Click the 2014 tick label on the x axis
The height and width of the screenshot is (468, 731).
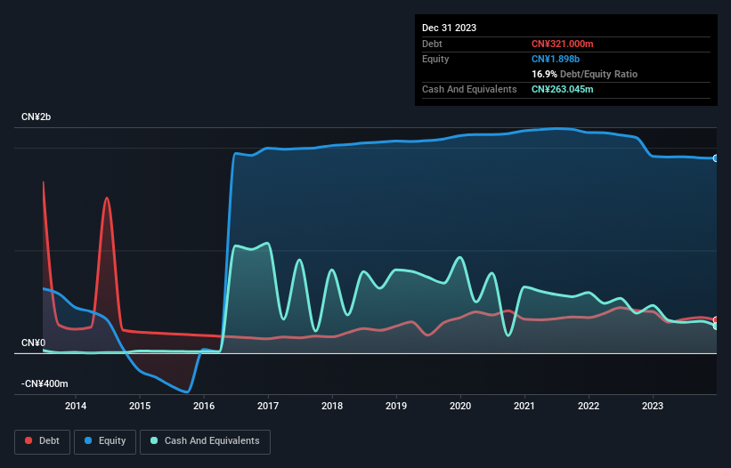[x=76, y=407]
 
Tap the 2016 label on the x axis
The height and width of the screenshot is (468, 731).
[x=204, y=407]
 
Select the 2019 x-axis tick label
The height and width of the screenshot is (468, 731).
[x=396, y=407]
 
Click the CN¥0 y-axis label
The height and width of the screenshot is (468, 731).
[x=33, y=343]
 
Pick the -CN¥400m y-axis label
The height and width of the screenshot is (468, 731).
[x=44, y=383]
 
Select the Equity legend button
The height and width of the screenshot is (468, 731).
[x=106, y=440]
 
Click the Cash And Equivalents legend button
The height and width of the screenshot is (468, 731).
[x=205, y=440]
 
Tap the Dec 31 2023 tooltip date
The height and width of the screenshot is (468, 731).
[x=450, y=28]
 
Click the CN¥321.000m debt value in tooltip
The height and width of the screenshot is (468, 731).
[x=562, y=44]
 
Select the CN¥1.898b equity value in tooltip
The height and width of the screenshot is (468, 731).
[x=554, y=59]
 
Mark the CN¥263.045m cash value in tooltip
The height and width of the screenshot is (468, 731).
[x=562, y=89]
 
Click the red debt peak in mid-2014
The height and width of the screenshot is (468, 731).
[x=107, y=198]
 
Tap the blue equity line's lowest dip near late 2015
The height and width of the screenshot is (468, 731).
[x=187, y=391]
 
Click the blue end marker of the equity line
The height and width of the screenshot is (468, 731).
[x=716, y=158]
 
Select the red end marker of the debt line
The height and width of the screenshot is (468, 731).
[x=716, y=320]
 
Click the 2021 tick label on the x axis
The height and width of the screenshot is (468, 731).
[x=524, y=407]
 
